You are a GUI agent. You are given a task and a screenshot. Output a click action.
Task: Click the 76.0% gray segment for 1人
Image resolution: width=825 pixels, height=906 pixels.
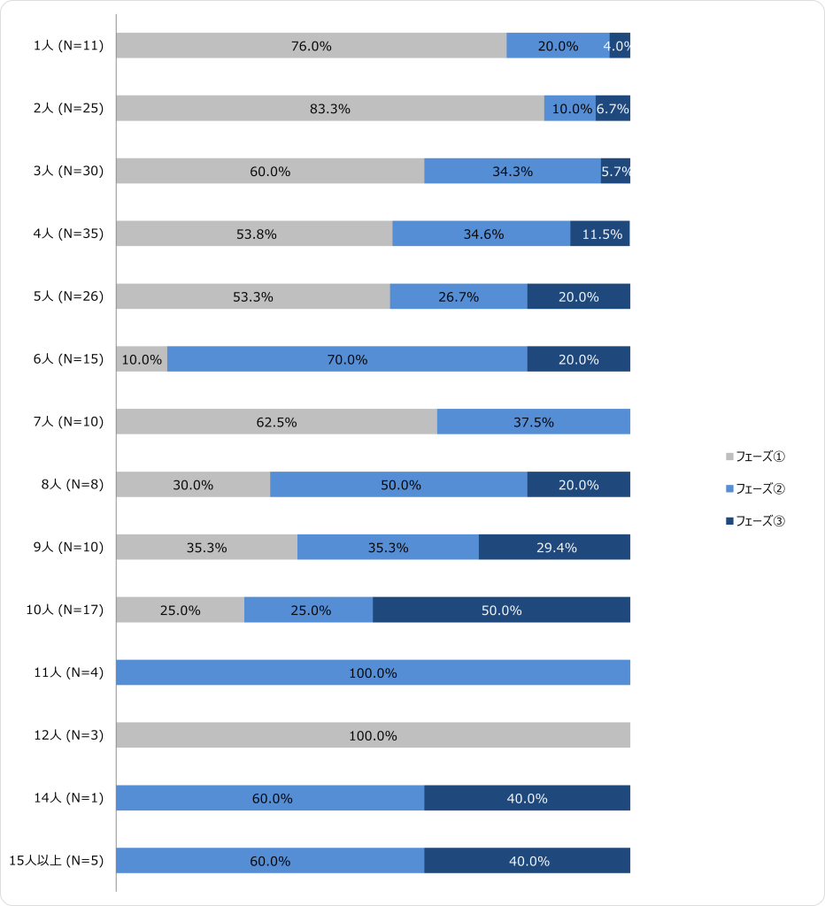[x=311, y=46]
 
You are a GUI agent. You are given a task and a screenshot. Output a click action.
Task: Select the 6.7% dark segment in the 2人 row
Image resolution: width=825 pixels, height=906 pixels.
[x=613, y=109]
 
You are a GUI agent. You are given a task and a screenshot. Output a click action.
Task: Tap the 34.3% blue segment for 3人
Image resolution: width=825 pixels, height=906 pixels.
[x=513, y=172]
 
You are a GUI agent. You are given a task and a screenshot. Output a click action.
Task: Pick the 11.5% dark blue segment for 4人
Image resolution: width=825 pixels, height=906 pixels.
[x=600, y=234]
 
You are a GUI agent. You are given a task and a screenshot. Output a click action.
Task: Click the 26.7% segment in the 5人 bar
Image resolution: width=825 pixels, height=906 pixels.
[x=459, y=297]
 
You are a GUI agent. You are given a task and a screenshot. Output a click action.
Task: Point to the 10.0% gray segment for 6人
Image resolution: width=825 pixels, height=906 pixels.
[x=142, y=360]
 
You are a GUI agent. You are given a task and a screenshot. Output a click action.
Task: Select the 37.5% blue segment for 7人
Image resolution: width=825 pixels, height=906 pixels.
[x=534, y=422]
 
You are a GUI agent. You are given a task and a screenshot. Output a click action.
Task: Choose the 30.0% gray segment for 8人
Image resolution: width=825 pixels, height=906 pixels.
[x=193, y=485]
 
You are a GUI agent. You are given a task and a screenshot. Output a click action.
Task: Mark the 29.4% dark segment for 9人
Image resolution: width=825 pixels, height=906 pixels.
[x=554, y=548]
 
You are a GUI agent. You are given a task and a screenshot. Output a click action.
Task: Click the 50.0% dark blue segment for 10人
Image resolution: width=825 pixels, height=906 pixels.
[x=501, y=610]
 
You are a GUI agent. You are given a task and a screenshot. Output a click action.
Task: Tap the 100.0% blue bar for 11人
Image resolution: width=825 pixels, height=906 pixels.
[x=373, y=673]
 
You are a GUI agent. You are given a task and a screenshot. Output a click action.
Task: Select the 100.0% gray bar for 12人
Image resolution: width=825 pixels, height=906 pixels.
[x=373, y=736]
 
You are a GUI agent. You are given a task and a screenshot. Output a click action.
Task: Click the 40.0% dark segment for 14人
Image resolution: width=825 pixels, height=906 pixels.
[x=527, y=799]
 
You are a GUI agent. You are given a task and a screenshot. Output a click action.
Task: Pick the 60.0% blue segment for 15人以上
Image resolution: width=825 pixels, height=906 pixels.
[x=270, y=862]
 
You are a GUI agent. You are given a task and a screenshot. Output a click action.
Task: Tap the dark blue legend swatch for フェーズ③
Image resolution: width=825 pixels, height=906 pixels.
[x=729, y=521]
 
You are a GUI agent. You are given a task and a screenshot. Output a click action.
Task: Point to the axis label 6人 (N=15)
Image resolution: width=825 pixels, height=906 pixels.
[x=68, y=360]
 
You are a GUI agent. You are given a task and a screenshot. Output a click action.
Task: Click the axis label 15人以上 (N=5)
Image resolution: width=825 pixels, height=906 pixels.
[x=57, y=862]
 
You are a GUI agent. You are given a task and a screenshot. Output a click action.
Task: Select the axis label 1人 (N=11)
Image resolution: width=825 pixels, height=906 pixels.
[x=68, y=46]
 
